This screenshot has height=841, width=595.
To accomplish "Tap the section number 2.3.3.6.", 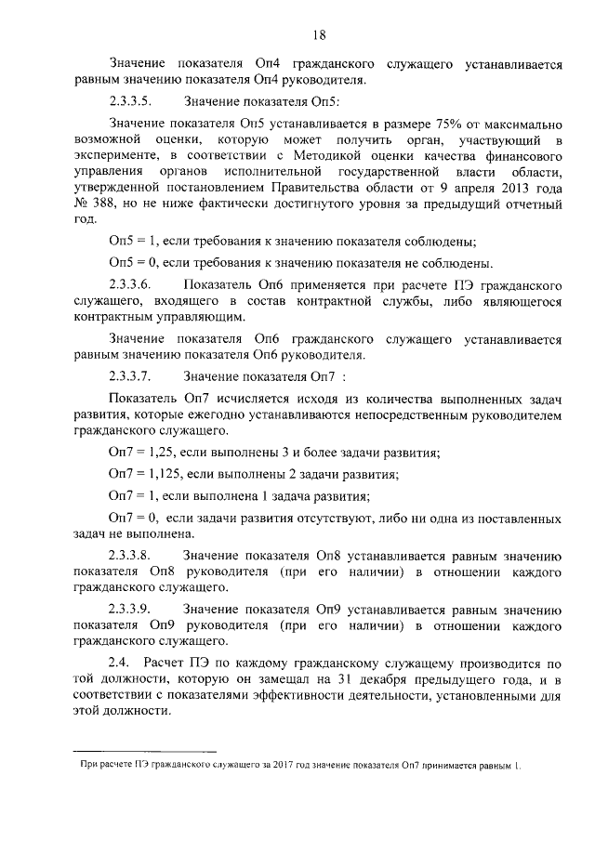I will coord(132,283).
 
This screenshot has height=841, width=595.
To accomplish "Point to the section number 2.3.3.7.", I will coord(132,376).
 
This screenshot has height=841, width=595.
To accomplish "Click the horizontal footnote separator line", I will coord(144,750).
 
